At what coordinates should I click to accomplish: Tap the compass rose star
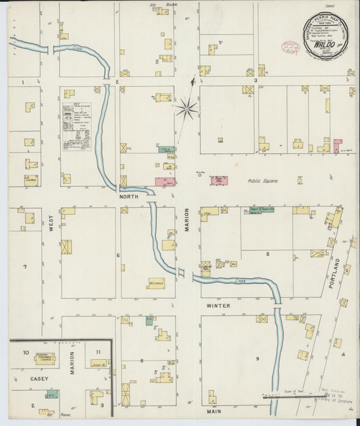[187, 107]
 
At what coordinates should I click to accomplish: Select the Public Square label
[263, 180]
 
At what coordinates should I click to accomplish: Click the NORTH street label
[128, 196]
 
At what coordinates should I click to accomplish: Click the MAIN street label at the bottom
[214, 410]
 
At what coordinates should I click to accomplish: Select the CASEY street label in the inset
[20, 379]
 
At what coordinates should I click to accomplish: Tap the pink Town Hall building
[219, 180]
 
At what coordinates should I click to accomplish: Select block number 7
[25, 267]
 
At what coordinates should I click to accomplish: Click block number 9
[257, 358]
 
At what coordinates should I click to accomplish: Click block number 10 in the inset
[25, 352]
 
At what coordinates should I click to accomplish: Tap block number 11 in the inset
[98, 352]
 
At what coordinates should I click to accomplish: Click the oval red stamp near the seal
[290, 47]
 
